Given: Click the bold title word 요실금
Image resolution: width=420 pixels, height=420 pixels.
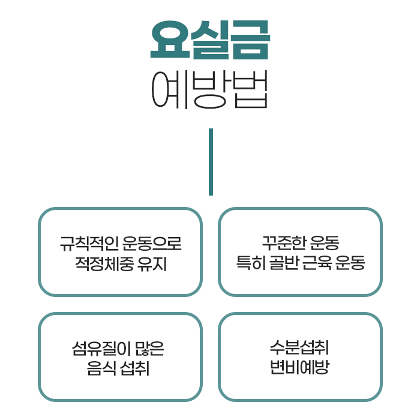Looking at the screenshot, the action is pyautogui.click(x=209, y=41).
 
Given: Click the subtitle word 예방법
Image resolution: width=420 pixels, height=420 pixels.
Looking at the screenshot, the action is pyautogui.click(x=209, y=91).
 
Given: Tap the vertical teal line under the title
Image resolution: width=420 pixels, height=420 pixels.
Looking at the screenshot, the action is pyautogui.click(x=211, y=161).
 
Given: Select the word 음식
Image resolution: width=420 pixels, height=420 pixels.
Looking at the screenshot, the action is pyautogui.click(x=103, y=368).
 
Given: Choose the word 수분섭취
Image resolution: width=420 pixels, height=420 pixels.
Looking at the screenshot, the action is pyautogui.click(x=300, y=349).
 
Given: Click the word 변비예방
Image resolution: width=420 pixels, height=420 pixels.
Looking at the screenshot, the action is pyautogui.click(x=300, y=368).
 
